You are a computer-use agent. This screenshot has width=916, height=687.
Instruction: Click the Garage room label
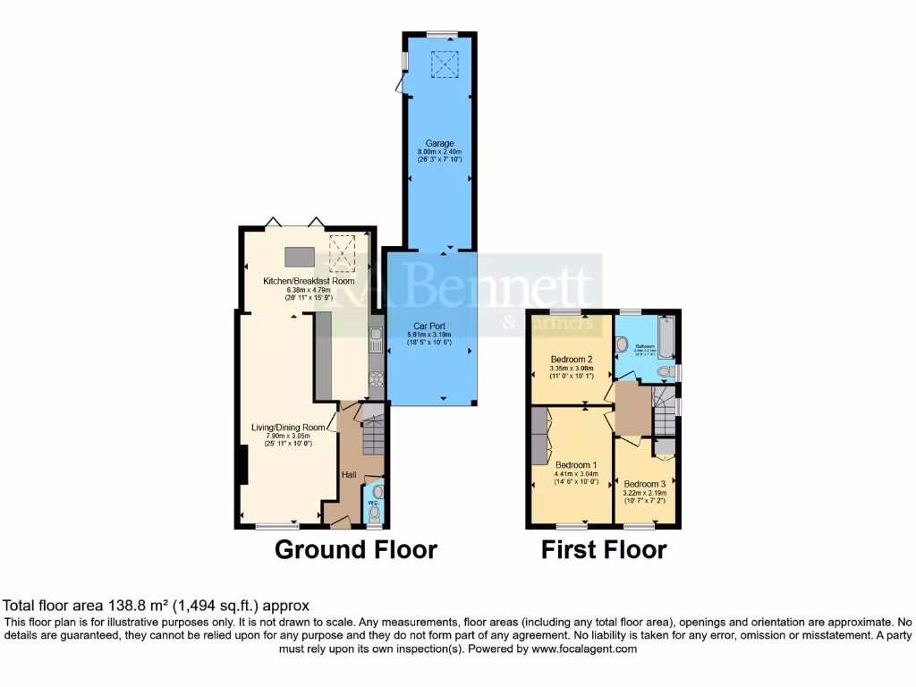[439, 143]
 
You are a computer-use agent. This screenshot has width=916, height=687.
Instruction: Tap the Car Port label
[430, 327]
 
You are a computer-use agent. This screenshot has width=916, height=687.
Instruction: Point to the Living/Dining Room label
[288, 427]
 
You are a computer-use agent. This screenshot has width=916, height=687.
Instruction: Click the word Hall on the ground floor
[348, 475]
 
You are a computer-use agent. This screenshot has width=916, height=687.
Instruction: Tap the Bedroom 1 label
[576, 465]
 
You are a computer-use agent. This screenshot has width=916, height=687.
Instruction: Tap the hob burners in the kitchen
[376, 377]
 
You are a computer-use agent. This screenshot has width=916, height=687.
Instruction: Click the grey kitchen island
[300, 257]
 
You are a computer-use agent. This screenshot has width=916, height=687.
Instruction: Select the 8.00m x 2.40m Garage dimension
[439, 152]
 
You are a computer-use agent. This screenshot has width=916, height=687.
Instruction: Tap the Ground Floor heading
[355, 549]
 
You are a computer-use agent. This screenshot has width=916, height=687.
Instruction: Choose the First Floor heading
[604, 549]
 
